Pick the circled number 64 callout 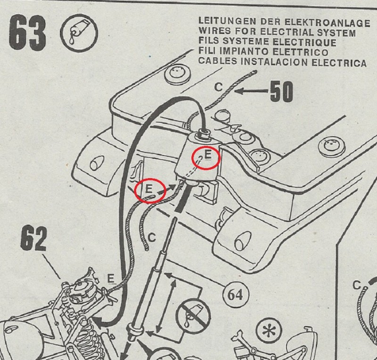point(235,295)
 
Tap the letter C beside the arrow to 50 point(218,87)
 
